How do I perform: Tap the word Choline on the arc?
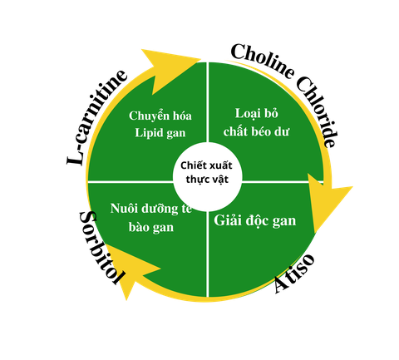click(262, 61)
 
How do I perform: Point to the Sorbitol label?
click(102, 247)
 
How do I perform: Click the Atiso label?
click(294, 273)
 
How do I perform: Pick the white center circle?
click(207, 177)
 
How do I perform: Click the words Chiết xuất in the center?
click(206, 165)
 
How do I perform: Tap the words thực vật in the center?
click(207, 180)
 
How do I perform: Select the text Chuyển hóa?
click(160, 116)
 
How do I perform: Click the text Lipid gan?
click(160, 133)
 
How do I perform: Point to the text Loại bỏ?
click(257, 113)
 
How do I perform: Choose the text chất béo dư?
click(256, 131)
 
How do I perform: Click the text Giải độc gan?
click(255, 221)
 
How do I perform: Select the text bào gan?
click(151, 227)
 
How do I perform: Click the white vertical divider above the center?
click(207, 102)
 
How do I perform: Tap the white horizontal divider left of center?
click(131, 182)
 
